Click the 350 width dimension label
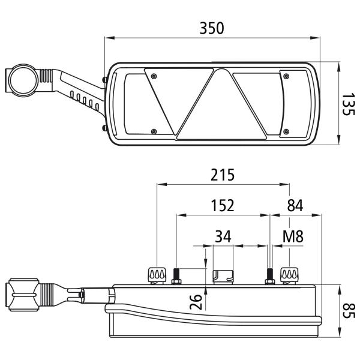[x=211, y=28]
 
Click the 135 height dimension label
[x=348, y=104]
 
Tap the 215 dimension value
[x=223, y=175]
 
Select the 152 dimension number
[x=223, y=205]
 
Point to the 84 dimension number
[x=295, y=205]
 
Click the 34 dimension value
[x=223, y=236]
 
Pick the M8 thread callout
[x=293, y=236]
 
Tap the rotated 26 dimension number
[x=196, y=302]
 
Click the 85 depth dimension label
[x=349, y=311]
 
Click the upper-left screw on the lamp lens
[x=154, y=76]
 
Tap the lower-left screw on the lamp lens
[x=154, y=131]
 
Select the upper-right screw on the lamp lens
[x=286, y=76]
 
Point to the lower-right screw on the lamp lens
[x=286, y=131]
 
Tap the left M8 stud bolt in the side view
[x=176, y=277]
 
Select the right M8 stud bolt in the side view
[x=270, y=277]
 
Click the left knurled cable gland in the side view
[x=157, y=276]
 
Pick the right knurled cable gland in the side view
[x=289, y=276]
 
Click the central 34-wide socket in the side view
[x=223, y=277]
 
